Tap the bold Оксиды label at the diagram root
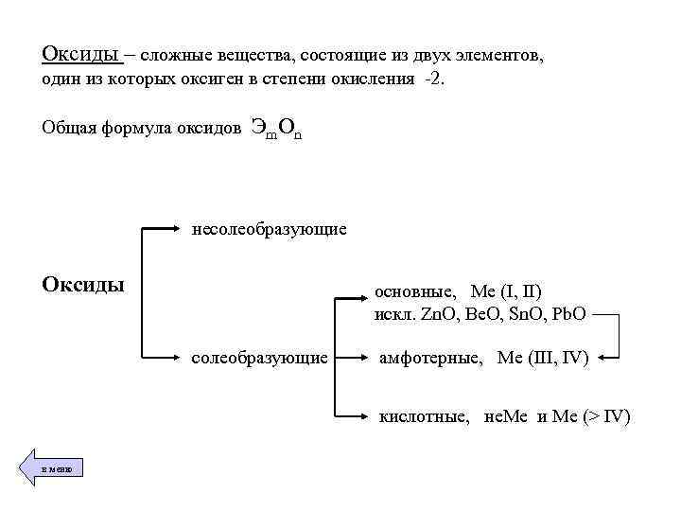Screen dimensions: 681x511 pos(84,284)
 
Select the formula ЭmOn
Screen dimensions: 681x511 pos(277,129)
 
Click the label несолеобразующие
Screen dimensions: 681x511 pos(269,229)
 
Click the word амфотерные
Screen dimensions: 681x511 pos(431,358)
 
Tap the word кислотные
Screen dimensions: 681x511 pos(424,416)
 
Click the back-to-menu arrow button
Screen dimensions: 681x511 pos(51,468)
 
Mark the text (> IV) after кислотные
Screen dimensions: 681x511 pos(604,416)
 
